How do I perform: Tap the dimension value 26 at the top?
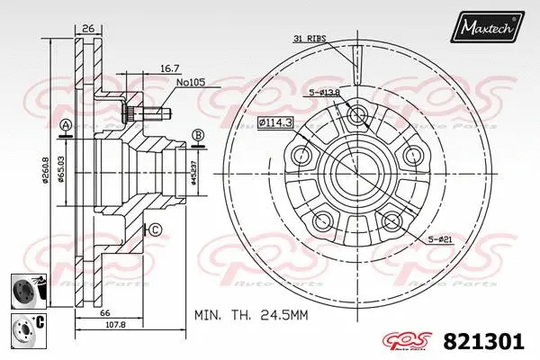[x=88, y=29]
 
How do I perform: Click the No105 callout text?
[x=191, y=82]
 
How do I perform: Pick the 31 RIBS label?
[x=309, y=39]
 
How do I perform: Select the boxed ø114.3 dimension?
[x=277, y=121]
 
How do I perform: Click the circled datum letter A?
[x=65, y=124]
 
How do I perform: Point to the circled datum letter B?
[x=198, y=135]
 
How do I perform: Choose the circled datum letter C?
[x=154, y=230]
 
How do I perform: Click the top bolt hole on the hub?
[x=356, y=114]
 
